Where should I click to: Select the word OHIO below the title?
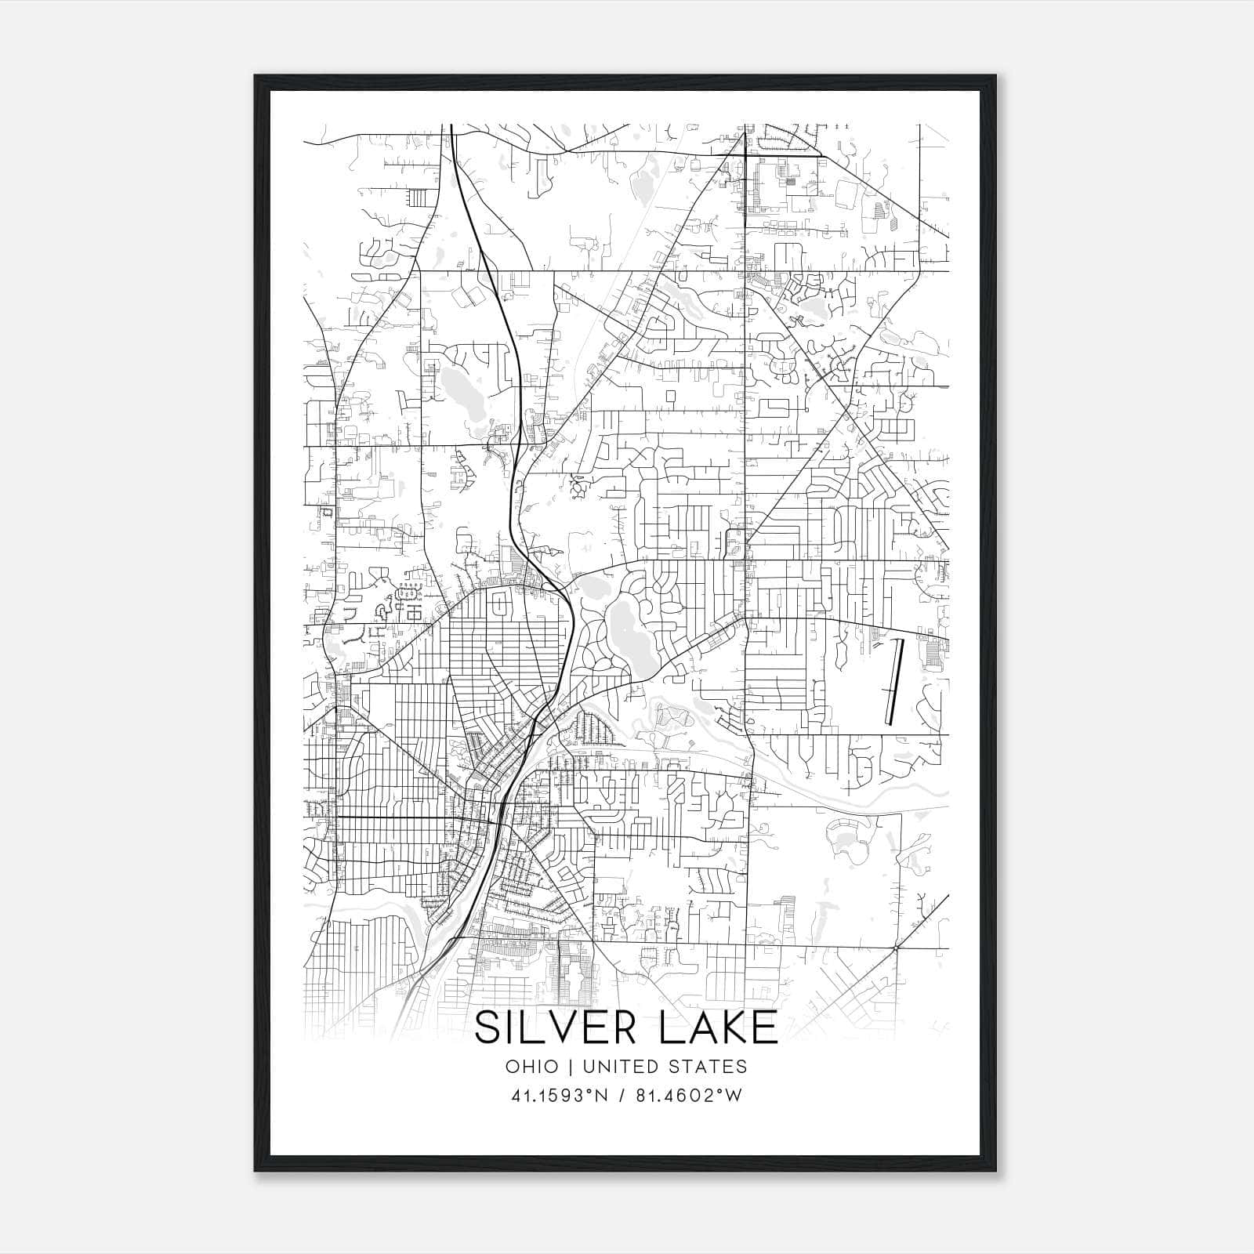[532, 1067]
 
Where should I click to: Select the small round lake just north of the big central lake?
[593, 585]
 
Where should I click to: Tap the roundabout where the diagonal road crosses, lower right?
[895, 948]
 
